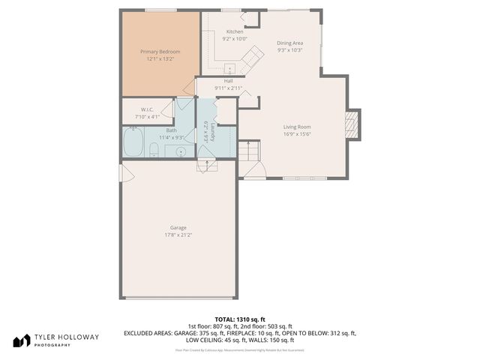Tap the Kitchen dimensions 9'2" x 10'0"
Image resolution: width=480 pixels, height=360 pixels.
coord(235,38)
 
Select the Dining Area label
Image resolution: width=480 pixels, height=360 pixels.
coord(289,43)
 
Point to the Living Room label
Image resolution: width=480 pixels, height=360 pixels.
coord(297,127)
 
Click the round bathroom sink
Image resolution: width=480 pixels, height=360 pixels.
coord(181,151)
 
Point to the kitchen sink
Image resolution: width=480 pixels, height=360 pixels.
coord(230,64)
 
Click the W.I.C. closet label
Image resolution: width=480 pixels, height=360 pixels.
coord(146,109)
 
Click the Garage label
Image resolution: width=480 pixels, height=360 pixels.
coord(178,227)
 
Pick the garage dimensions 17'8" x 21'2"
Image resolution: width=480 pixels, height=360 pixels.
coord(178,235)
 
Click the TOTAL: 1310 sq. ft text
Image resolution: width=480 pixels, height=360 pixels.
coord(240,319)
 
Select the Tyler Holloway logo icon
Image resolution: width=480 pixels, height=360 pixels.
coord(19,340)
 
